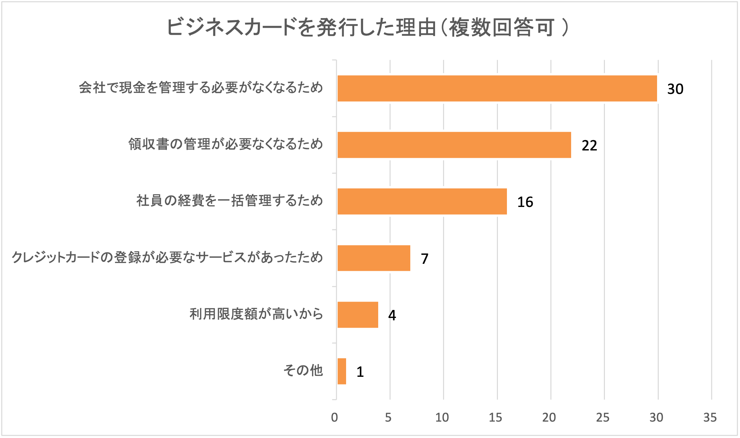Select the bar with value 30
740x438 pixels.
click(x=497, y=88)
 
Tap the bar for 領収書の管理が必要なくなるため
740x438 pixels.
click(x=454, y=145)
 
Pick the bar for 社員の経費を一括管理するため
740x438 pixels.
click(x=422, y=201)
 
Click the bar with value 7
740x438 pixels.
click(x=374, y=258)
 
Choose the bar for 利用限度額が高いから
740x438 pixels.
click(x=358, y=315)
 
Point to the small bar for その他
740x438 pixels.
click(x=342, y=371)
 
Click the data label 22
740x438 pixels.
click(x=589, y=145)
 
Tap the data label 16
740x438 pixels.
click(x=525, y=202)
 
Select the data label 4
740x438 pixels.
click(x=392, y=315)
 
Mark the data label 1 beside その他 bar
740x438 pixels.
click(x=360, y=372)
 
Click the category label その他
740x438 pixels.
click(x=303, y=370)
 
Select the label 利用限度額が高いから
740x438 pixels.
click(x=256, y=314)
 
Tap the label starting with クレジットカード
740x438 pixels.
click(x=167, y=257)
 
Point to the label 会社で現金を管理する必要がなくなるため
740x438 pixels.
click(x=201, y=88)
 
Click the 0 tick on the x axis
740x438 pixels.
click(x=334, y=417)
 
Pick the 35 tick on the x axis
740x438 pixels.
click(x=710, y=417)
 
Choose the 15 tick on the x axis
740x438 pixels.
click(x=495, y=417)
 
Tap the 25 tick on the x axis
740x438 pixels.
click(x=603, y=417)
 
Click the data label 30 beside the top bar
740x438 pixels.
click(x=675, y=89)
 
